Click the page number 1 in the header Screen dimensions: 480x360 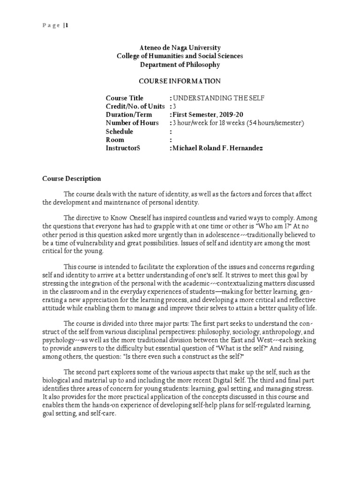67,26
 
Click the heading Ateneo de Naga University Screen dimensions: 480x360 180,48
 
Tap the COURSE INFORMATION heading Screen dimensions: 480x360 180,81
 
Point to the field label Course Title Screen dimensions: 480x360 124,98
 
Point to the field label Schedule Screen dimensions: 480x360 120,132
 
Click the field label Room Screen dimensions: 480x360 115,140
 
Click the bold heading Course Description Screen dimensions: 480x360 71,179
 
